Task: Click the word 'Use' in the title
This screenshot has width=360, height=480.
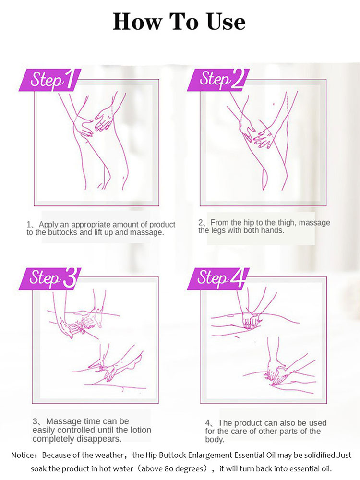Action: [227, 22]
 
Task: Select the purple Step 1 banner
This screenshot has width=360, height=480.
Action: [50, 80]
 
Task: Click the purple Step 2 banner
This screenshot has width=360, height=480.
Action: [218, 80]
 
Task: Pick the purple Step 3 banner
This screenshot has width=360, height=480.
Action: [50, 278]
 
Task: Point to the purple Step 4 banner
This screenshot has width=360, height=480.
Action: [218, 278]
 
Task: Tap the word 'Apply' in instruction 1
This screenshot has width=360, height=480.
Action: [48, 225]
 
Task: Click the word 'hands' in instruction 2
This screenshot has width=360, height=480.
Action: [274, 230]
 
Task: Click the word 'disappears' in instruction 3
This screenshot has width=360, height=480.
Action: [98, 439]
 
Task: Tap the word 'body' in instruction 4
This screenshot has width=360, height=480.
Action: [215, 440]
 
